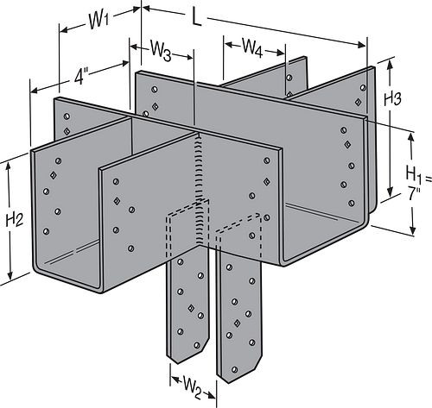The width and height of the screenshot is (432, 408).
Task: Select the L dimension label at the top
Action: [197, 19]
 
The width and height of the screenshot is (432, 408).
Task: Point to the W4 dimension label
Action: [254, 47]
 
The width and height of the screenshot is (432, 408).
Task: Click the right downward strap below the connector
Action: [238, 311]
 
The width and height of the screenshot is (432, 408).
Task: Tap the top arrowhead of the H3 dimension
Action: [391, 62]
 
